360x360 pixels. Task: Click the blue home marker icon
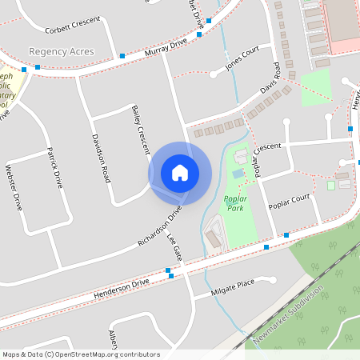click(180, 173)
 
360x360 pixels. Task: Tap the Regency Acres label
click(62, 51)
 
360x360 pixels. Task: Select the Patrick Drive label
click(54, 167)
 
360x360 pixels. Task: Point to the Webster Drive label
click(14, 189)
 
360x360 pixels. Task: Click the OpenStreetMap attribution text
click(80, 354)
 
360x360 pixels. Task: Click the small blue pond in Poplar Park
click(238, 173)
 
